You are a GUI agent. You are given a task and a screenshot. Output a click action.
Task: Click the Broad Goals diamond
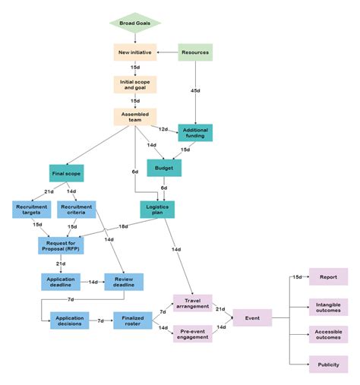tap(134, 24)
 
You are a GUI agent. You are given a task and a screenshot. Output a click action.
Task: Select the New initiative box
tap(134, 52)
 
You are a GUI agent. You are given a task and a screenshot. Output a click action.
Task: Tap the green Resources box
tap(195, 52)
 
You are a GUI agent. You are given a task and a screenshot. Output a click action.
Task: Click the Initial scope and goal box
tap(134, 84)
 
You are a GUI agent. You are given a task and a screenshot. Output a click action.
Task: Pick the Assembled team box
tap(134, 116)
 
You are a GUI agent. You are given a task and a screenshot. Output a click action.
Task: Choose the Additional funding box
tap(195, 132)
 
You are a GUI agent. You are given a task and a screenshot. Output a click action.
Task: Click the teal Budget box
tap(163, 168)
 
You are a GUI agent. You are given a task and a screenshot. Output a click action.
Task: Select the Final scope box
tap(67, 173)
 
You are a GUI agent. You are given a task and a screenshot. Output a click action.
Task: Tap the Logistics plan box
tap(158, 209)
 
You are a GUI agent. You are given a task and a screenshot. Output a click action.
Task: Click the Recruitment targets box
tap(31, 210)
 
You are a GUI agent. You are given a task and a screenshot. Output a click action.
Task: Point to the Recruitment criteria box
tap(76, 210)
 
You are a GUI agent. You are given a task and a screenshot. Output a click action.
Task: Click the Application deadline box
tap(60, 282)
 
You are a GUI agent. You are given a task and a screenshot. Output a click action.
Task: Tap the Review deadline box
tap(124, 282)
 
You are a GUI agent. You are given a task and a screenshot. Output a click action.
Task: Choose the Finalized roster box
tap(133, 320)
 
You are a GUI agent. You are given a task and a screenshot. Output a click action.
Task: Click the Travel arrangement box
tap(192, 302)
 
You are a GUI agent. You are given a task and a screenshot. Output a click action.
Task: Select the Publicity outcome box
tap(328, 365)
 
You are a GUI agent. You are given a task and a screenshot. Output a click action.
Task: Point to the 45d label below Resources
tap(197, 90)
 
